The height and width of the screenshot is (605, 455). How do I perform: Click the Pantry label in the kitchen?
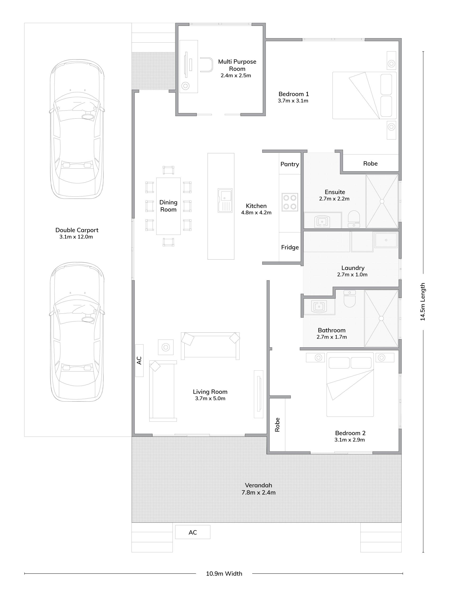(x=290, y=164)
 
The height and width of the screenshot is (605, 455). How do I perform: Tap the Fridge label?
(x=290, y=247)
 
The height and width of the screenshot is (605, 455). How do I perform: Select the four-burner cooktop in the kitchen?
(x=290, y=202)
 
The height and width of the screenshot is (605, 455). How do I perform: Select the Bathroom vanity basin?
(x=319, y=306)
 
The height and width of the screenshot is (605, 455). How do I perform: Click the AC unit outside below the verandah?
(x=192, y=532)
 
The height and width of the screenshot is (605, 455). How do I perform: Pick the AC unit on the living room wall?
(x=139, y=360)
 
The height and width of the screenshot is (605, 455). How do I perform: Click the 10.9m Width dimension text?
(x=224, y=573)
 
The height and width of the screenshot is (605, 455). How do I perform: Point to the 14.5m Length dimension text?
(x=423, y=302)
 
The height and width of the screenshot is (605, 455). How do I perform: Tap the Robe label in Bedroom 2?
(x=277, y=424)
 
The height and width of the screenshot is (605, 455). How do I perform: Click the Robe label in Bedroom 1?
(x=370, y=163)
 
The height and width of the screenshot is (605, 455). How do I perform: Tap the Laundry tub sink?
(x=386, y=240)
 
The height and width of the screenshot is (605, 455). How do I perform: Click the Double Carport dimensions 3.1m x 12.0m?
(x=76, y=237)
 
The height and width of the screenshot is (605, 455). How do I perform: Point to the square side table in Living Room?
(x=165, y=347)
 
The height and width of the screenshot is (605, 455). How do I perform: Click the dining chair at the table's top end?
(x=168, y=170)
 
